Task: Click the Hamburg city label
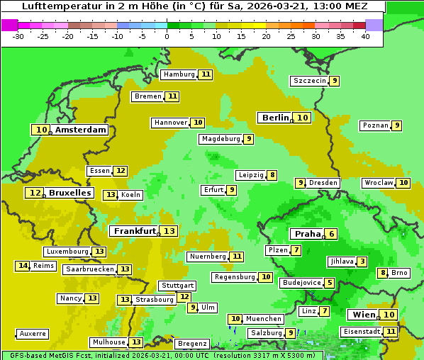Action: (x=179, y=74)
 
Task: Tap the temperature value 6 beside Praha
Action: (x=330, y=234)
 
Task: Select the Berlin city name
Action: (x=275, y=118)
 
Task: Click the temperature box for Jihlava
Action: (x=362, y=261)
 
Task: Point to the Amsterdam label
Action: (x=81, y=130)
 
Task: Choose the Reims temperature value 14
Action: (x=23, y=266)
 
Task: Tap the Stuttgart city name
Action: (x=177, y=286)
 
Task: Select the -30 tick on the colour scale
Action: (x=18, y=36)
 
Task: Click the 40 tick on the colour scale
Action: (x=365, y=36)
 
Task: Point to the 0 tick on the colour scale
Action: (x=167, y=36)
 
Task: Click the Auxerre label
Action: (x=33, y=334)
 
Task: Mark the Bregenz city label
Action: (x=192, y=344)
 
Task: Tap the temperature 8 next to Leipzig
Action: (x=272, y=175)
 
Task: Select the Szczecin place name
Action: (x=309, y=81)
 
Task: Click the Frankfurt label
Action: (x=135, y=231)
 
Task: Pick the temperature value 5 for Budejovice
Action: (x=330, y=283)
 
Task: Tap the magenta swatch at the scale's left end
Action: (x=9, y=25)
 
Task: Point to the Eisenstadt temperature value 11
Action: (x=391, y=331)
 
